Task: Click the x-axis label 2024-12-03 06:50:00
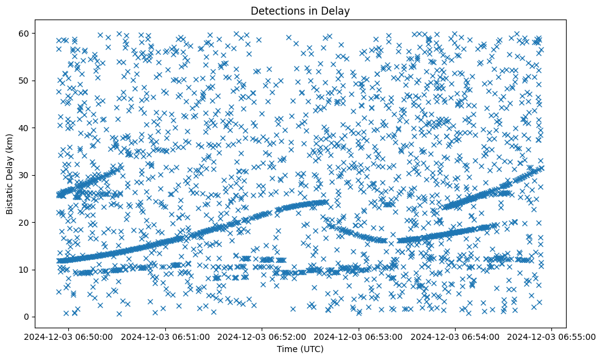coord(68,336)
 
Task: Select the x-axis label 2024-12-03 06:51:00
coord(165,336)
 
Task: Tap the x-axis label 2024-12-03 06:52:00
coord(262,336)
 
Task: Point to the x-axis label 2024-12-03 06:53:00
coord(359,336)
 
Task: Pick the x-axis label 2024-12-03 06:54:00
coord(456,336)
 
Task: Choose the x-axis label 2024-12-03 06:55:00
coord(553,336)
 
